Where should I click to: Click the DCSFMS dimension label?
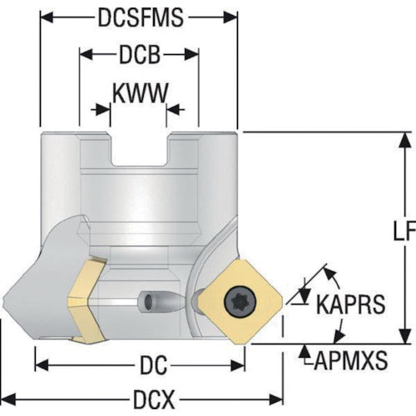141,17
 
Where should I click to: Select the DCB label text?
140,55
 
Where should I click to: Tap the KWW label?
141,93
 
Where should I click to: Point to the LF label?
404,231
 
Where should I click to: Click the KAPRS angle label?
350,304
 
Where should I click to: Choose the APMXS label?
350,360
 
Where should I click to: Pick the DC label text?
153,365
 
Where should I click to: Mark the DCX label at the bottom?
154,399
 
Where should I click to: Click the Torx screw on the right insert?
240,301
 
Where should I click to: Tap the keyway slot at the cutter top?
140,150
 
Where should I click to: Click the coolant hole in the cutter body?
148,300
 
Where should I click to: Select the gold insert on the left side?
87,300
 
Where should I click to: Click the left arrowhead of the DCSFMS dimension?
47,17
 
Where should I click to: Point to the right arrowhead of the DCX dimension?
276,399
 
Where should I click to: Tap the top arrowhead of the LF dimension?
406,140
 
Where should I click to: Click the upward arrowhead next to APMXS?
305,350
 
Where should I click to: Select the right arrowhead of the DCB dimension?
192,54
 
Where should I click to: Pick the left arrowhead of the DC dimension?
42,365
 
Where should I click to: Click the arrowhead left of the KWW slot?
103,110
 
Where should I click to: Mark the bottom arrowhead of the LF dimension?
406,336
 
